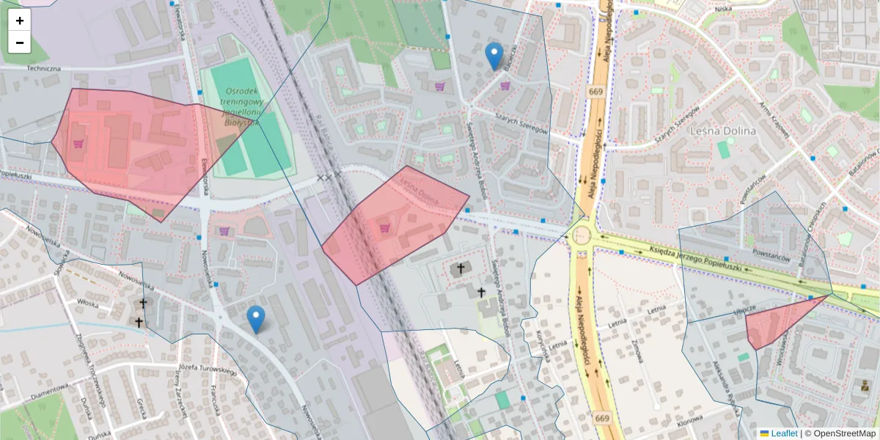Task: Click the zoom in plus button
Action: [x=20, y=21]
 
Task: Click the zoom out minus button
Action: [x=20, y=43]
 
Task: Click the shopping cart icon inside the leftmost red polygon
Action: [x=78, y=144]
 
